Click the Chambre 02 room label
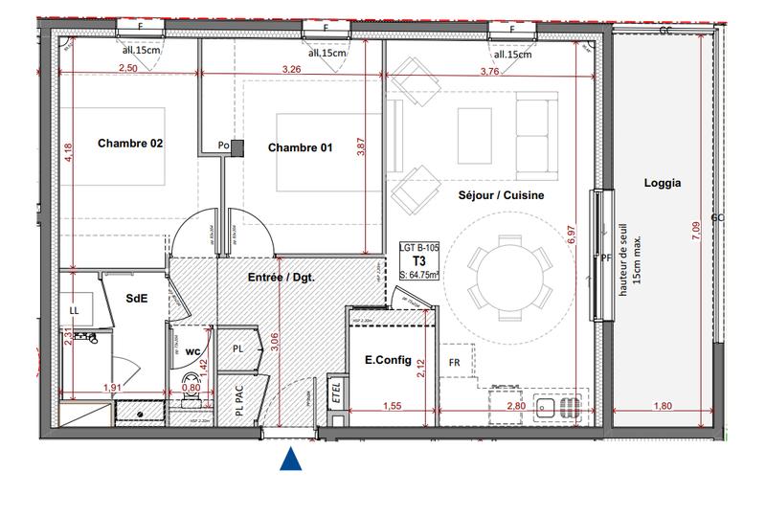(130, 144)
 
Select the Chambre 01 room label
(300, 147)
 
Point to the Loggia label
(663, 184)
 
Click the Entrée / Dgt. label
(282, 278)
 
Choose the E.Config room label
(388, 360)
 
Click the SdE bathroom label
(137, 298)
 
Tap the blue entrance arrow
(291, 460)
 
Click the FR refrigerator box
(455, 363)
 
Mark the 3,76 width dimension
(489, 70)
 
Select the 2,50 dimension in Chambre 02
(127, 69)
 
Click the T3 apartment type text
(419, 260)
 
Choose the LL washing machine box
(75, 310)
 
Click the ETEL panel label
(336, 390)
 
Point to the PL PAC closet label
(237, 401)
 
